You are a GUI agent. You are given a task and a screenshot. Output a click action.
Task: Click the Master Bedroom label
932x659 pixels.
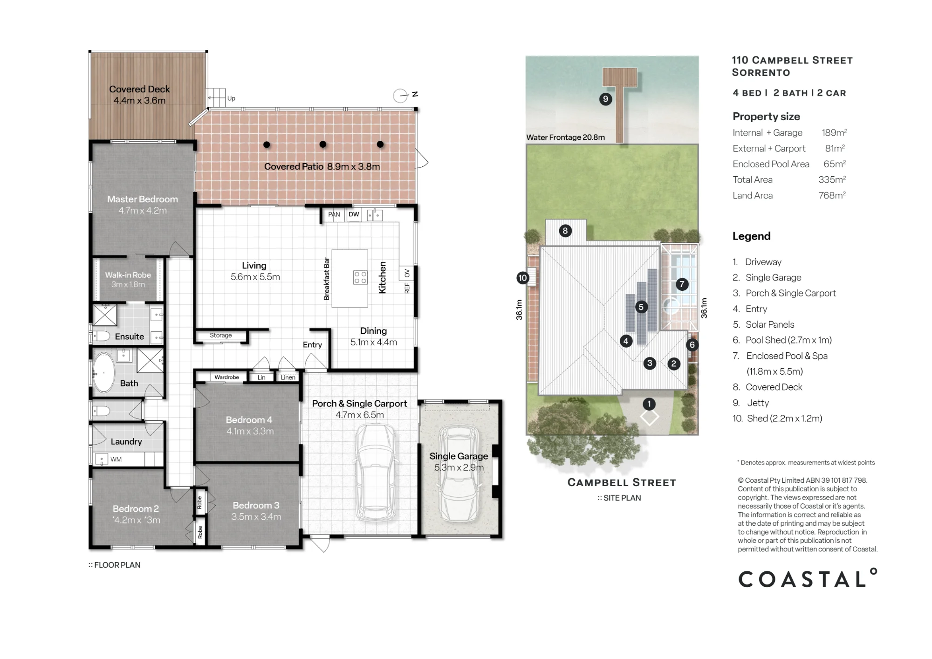tap(143, 199)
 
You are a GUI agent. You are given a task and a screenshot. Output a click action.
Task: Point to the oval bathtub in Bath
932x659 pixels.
tap(104, 373)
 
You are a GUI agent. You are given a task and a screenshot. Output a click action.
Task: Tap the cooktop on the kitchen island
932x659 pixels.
tap(360, 278)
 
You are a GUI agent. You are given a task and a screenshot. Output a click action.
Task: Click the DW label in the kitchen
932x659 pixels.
tap(354, 214)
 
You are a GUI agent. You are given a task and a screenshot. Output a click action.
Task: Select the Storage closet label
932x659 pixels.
tap(221, 335)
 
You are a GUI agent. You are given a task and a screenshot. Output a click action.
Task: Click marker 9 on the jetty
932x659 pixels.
tap(605, 99)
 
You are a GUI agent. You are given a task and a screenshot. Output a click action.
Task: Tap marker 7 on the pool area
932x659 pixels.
tap(682, 284)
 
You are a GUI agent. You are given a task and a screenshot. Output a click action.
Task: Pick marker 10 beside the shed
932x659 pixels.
tap(523, 278)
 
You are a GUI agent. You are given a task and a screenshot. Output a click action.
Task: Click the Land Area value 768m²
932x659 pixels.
tap(832, 195)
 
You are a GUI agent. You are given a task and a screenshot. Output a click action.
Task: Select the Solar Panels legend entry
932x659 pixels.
tap(763, 324)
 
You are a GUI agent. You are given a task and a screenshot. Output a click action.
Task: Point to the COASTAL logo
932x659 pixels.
tap(808, 578)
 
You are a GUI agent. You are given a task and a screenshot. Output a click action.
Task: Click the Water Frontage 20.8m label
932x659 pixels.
tap(566, 137)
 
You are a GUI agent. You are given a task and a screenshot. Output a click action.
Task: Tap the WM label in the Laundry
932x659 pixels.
tap(116, 460)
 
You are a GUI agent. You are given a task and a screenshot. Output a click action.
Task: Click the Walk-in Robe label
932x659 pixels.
tap(128, 275)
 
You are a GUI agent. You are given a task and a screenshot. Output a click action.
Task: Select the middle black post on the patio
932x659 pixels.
tap(323, 144)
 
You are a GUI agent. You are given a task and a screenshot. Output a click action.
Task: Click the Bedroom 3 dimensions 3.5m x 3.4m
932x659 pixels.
tap(256, 517)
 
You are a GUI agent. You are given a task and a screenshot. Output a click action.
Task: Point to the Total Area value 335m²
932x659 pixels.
tap(832, 179)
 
